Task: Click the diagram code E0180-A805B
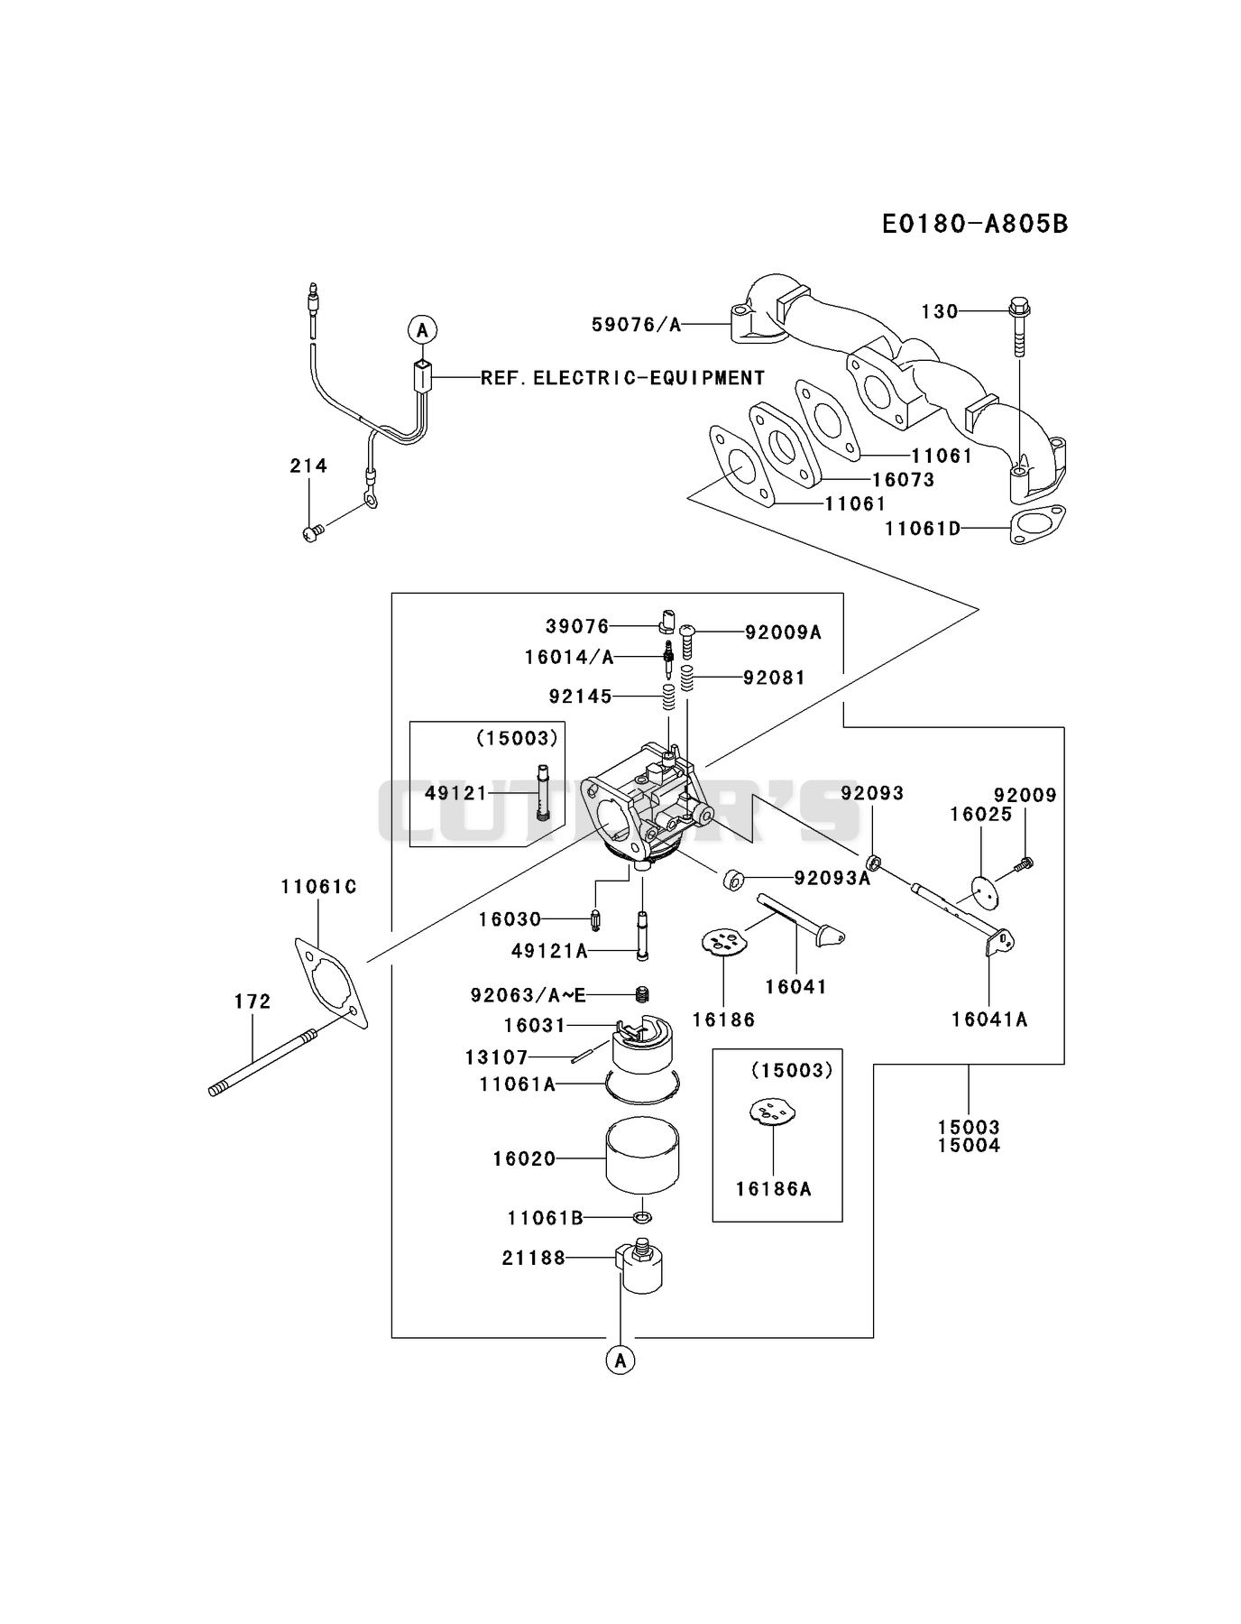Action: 975,224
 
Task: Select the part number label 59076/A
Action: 637,325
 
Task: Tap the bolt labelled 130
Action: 1019,328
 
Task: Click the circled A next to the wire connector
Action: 422,330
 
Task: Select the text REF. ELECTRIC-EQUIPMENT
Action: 622,378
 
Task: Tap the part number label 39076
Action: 577,626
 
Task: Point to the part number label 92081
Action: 775,678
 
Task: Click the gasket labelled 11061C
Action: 332,983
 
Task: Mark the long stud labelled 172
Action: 261,1063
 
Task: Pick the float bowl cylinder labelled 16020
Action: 642,1155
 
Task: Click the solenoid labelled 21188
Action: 639,1266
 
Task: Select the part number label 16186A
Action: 774,1189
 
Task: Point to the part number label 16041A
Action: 989,1020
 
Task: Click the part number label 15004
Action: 969,1146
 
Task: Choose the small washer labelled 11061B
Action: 642,1219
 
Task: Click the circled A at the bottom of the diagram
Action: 620,1360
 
